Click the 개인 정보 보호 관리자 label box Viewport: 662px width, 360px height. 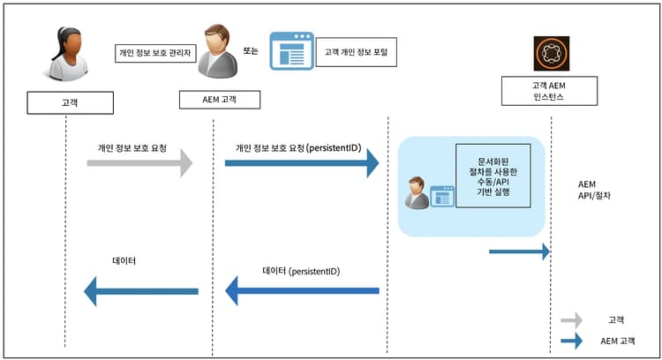tap(151, 52)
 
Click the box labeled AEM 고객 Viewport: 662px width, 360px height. tap(218, 98)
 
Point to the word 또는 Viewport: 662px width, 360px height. tap(250, 51)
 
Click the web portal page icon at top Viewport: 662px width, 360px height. tap(290, 51)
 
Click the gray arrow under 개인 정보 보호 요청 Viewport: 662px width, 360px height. tap(139, 163)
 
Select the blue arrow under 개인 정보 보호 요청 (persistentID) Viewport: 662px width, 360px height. tap(302, 163)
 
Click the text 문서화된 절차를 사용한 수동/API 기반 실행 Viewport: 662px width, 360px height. tap(493, 175)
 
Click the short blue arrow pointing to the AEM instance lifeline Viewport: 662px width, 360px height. tap(520, 252)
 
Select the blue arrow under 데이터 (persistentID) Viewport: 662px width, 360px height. tap(302, 290)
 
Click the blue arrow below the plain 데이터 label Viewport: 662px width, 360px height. tap(141, 290)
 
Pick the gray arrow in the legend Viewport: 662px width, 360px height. tap(572, 319)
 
